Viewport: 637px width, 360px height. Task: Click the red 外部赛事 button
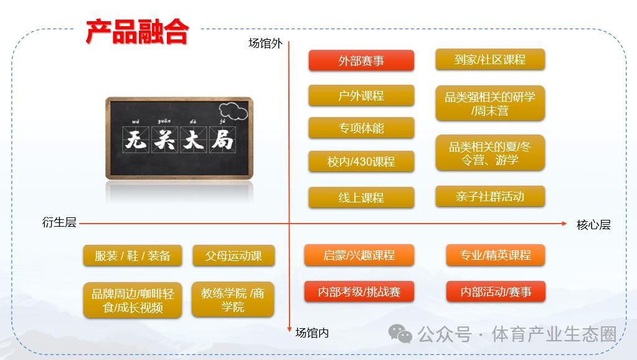pos(361,60)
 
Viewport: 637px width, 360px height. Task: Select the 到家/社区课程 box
pos(490,60)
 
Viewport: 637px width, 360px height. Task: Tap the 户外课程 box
pos(361,95)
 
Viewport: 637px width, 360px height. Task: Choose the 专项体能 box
pos(361,128)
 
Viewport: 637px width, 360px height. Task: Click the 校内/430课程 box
pos(361,161)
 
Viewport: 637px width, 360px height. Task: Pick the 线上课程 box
pos(361,197)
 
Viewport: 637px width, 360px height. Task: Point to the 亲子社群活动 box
pos(490,197)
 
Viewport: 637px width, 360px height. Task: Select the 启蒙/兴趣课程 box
pos(359,255)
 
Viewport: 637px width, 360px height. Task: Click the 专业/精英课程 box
pos(496,255)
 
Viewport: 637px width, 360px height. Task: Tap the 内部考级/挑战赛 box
pos(359,291)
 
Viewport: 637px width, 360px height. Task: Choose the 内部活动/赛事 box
pos(496,291)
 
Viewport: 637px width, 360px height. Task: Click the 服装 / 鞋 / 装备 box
pos(133,255)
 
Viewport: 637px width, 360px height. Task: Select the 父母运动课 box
pos(234,255)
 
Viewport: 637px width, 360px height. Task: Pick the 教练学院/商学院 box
pos(233,300)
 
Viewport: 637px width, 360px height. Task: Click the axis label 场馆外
pos(265,44)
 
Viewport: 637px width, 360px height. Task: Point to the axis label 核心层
pos(593,225)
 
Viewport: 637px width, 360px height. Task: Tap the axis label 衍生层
pos(59,222)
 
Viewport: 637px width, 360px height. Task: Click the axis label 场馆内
pos(312,333)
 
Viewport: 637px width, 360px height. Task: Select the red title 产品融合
pos(138,31)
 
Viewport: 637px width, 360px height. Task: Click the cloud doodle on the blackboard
pos(233,111)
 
